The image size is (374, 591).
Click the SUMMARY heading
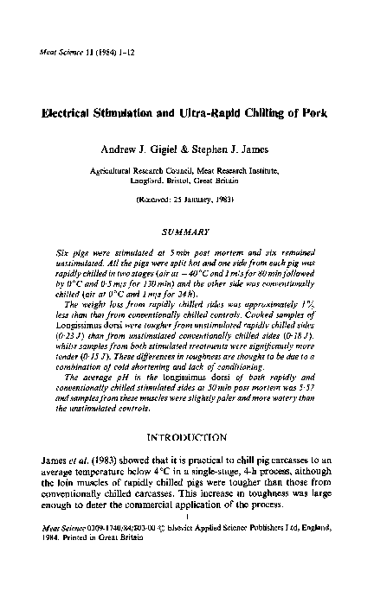pyautogui.click(x=187, y=232)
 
